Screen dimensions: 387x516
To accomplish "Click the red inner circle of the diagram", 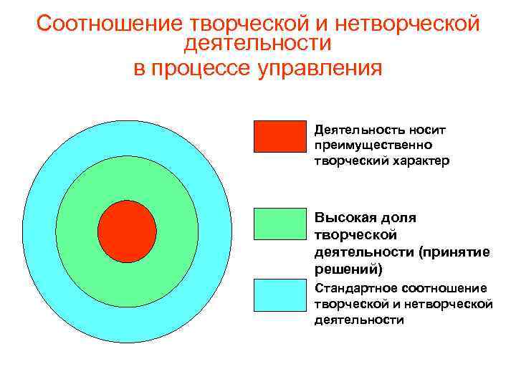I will point(127,231).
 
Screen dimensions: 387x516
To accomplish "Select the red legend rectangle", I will point(280,137).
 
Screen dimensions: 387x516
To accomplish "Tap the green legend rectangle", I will point(280,224).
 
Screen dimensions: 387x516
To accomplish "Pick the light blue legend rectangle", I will point(280,296).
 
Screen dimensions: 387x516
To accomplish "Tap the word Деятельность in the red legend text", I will point(350,130).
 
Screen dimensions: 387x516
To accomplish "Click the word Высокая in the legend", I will point(340,218).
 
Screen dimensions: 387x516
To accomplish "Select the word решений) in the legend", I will point(348,269).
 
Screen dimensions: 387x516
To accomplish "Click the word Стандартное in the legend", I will point(355,288).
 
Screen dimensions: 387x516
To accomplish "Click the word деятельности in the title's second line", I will point(257,44).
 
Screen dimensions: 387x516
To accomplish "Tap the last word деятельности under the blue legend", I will point(358,320).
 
